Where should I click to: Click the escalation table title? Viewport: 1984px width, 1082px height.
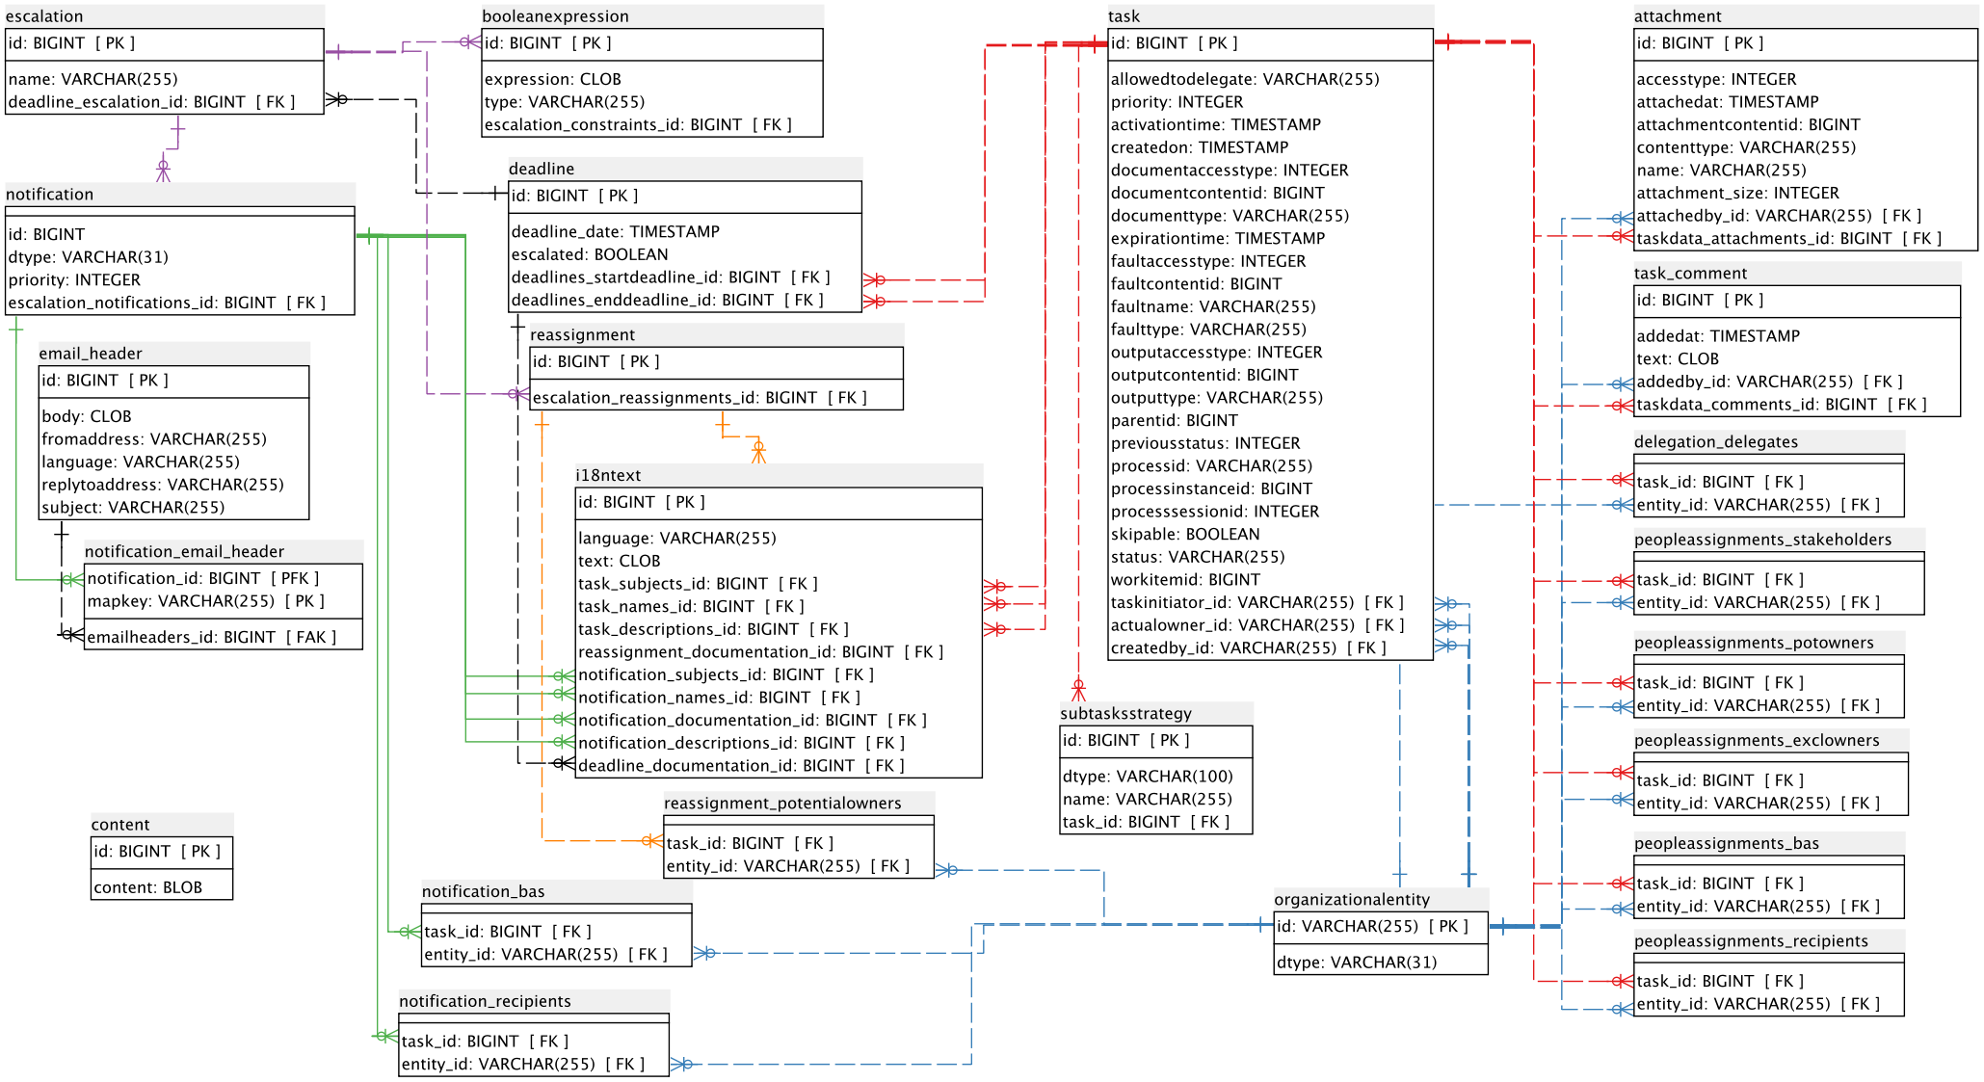tap(44, 16)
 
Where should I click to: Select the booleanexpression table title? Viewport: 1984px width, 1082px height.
tap(555, 16)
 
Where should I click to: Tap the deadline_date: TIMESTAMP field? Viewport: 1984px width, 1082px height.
tap(616, 231)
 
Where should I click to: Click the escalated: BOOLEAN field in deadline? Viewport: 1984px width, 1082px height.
tap(590, 254)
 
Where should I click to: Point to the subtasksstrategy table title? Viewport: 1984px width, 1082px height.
tap(1125, 714)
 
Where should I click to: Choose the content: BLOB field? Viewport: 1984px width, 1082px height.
tap(148, 887)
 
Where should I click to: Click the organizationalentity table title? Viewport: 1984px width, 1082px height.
tap(1352, 900)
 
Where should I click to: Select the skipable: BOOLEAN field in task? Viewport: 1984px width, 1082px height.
tap(1185, 534)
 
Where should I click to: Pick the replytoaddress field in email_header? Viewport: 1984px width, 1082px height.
tap(163, 485)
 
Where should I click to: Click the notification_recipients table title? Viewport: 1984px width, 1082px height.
tap(485, 1002)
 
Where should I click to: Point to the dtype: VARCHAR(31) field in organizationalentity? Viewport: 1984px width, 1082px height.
tap(1357, 963)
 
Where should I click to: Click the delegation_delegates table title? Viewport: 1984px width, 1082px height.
tap(1716, 442)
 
